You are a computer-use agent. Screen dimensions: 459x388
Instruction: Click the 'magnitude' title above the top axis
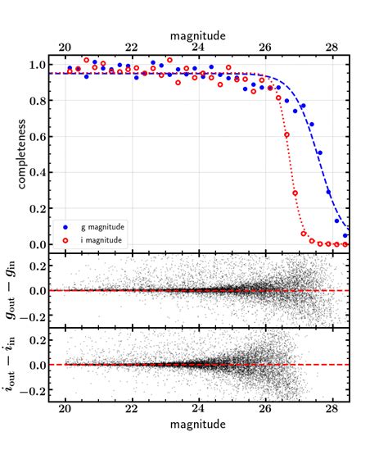[x=198, y=36]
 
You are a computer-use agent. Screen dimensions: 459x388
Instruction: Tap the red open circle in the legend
[x=68, y=239]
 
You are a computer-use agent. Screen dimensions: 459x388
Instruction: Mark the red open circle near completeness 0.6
[x=286, y=135]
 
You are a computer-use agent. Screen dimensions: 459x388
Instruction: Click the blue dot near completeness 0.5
[x=320, y=152]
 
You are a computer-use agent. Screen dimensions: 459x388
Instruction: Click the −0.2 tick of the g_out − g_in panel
[x=41, y=314]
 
